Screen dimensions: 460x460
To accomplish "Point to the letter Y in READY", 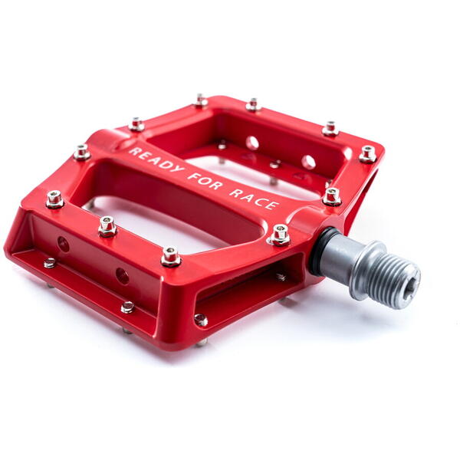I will click(x=180, y=169).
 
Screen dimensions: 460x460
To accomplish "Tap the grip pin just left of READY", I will click(x=82, y=152).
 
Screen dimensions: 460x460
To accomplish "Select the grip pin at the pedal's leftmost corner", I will click(x=54, y=199).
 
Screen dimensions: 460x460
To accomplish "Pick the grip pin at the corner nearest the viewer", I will click(x=171, y=256).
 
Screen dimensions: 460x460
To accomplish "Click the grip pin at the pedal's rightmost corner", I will click(x=369, y=153).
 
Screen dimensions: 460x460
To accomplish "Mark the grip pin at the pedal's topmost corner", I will click(x=201, y=100).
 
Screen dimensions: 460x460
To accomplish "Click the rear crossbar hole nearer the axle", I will click(x=308, y=162).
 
